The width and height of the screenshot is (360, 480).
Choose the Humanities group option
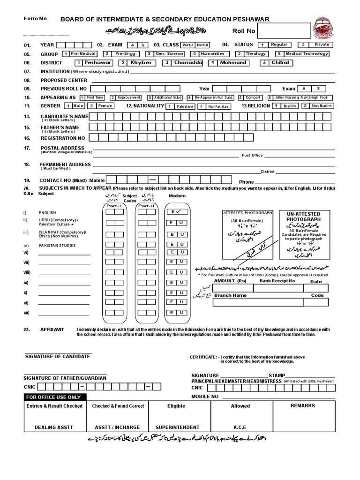210,54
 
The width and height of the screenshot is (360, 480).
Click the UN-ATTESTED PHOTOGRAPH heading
303,216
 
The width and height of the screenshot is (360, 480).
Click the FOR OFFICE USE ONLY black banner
54,397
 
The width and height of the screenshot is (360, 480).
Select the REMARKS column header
302,405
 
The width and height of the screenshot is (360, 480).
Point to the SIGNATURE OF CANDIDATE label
57,356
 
